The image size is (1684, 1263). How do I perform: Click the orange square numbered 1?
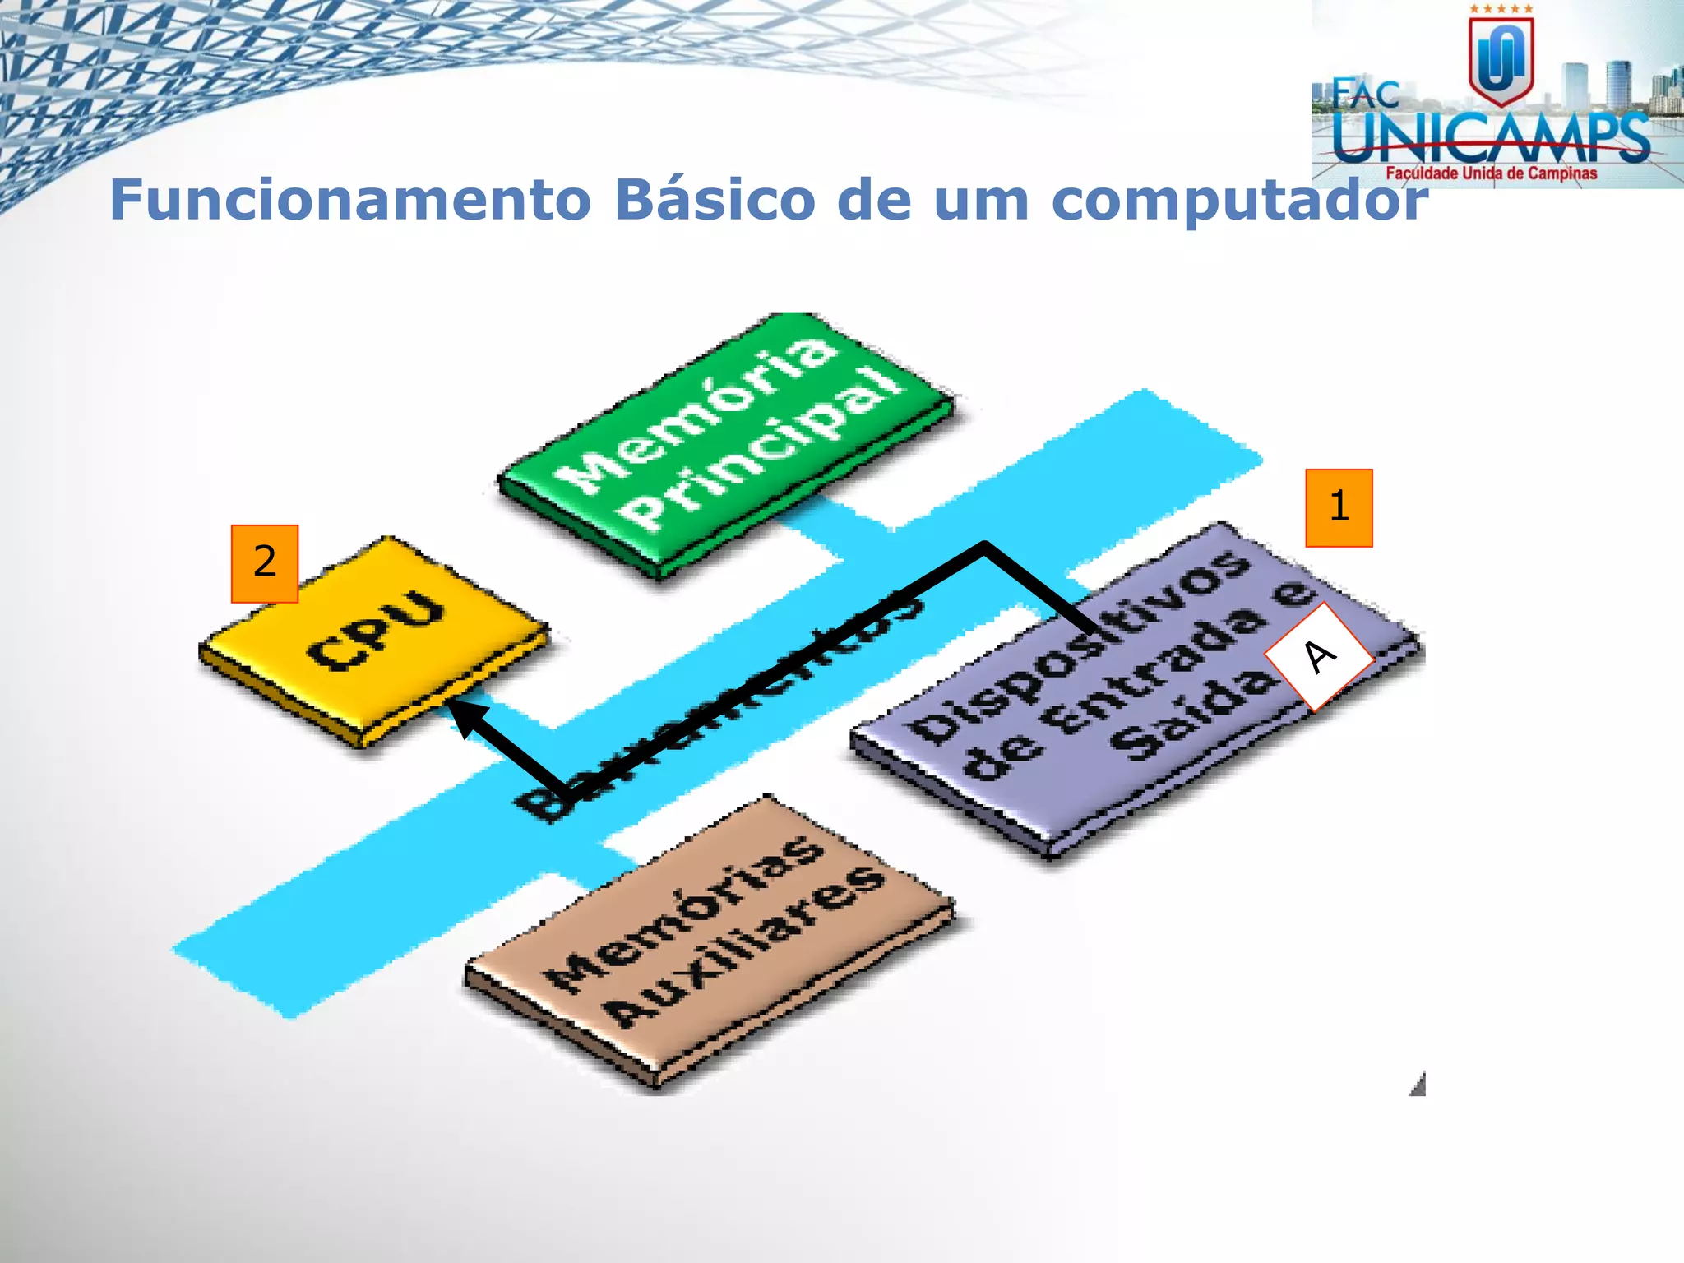1339,507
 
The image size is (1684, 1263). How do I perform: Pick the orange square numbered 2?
265,563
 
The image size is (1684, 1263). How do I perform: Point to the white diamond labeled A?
1319,656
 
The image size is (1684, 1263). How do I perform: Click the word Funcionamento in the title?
350,200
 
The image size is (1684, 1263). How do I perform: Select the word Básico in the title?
714,200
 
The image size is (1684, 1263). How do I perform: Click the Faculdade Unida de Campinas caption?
1491,173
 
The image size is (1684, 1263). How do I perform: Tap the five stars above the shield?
1501,9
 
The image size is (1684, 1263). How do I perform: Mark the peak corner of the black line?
984,545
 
